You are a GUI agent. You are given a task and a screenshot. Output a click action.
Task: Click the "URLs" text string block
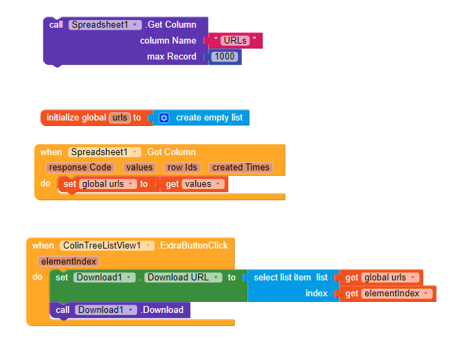235,40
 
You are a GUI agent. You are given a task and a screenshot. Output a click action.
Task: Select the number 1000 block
224,56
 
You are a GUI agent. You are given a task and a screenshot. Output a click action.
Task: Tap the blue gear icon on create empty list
164,118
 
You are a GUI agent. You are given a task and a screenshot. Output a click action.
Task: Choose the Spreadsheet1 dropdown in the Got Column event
104,152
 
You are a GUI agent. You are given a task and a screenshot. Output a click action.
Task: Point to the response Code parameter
80,167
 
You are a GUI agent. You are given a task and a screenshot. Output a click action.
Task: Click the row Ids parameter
183,167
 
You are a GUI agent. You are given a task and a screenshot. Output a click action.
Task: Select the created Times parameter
241,167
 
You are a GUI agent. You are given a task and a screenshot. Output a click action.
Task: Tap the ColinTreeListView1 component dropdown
107,245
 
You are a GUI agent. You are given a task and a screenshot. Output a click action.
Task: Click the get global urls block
381,277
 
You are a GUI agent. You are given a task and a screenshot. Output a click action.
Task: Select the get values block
194,183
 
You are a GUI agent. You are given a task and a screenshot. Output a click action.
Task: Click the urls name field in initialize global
120,118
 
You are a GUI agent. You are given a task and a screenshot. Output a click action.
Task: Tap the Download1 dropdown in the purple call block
105,309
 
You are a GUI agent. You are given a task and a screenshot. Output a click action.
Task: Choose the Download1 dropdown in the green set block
104,277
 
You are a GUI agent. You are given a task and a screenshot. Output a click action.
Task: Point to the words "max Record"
171,56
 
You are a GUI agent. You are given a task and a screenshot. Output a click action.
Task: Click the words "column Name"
168,40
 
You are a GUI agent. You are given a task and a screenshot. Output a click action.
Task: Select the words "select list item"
283,277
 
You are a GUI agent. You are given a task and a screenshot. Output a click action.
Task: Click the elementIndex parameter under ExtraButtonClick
69,261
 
